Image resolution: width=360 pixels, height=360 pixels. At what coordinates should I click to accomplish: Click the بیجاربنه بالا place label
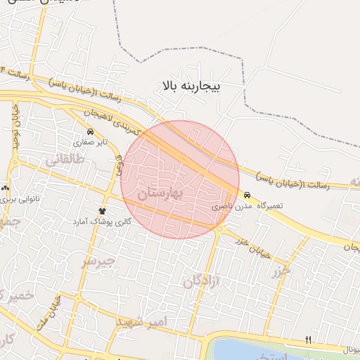(x=191, y=86)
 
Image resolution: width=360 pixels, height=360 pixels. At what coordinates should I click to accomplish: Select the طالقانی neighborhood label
(x=65, y=160)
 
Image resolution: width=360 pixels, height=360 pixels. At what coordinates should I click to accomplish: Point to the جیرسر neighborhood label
(x=98, y=262)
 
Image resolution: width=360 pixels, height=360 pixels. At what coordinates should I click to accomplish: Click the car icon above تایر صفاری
(x=90, y=131)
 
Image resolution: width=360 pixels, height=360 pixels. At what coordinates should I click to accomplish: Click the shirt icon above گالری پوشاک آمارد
(x=103, y=211)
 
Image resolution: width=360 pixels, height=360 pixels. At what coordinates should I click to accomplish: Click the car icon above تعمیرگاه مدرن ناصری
(x=247, y=195)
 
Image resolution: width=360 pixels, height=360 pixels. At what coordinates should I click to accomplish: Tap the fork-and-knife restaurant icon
(x=308, y=340)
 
